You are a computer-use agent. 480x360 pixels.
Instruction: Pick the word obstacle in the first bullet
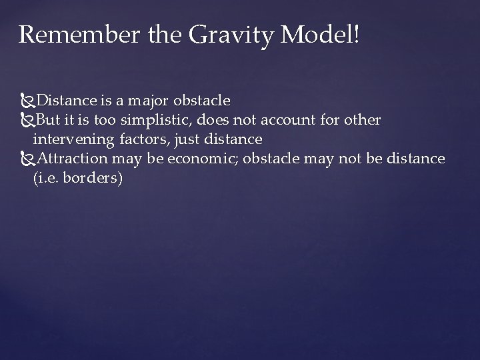201,101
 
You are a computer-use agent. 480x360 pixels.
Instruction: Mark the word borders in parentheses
94,179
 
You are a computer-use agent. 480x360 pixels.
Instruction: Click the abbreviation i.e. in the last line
47,179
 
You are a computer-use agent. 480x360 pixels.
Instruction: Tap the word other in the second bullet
364,120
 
